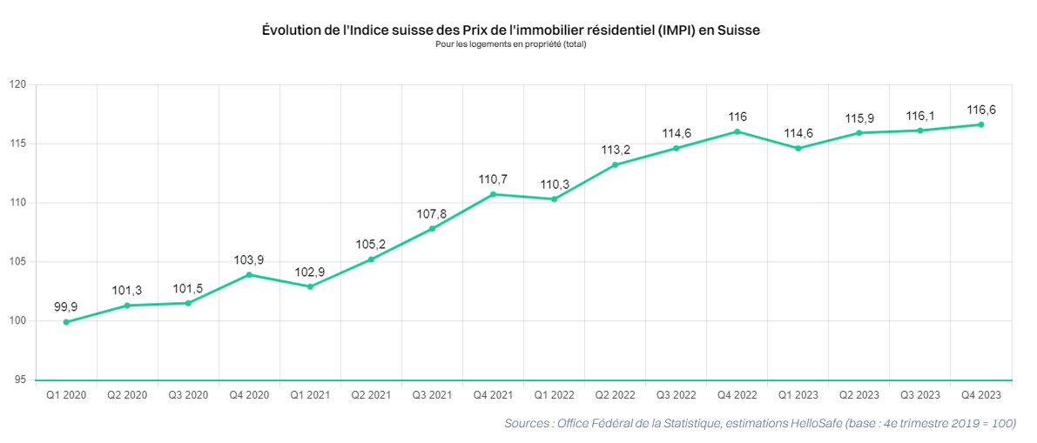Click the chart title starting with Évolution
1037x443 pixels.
click(x=511, y=30)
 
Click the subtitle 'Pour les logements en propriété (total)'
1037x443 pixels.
click(x=511, y=45)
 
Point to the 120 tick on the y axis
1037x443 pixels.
click(x=18, y=84)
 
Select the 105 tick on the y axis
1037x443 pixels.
click(x=18, y=262)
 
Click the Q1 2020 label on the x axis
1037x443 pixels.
click(x=66, y=394)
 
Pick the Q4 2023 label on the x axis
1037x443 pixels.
click(x=980, y=394)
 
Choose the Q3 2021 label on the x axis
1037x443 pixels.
click(x=432, y=394)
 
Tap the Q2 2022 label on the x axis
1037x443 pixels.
click(x=615, y=394)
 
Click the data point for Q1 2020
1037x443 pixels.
click(x=66, y=322)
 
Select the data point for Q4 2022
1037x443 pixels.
click(x=737, y=131)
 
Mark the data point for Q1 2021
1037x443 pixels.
click(x=310, y=286)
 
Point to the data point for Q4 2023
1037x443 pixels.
click(x=980, y=124)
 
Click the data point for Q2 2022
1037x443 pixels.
click(x=615, y=164)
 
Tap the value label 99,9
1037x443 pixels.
click(x=66, y=307)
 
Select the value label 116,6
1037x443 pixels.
click(x=980, y=110)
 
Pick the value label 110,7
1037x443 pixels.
click(x=493, y=179)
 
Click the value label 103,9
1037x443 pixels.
click(x=249, y=260)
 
